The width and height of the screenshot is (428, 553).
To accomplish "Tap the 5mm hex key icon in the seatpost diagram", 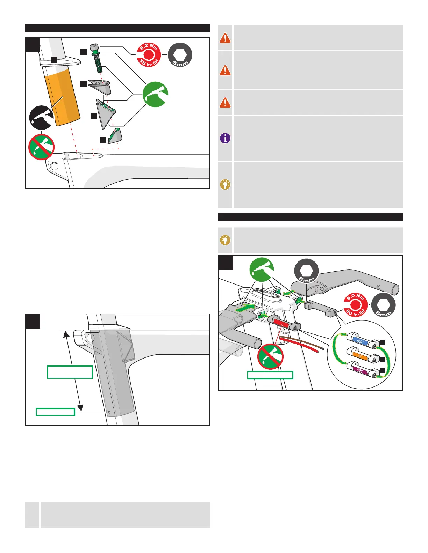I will click(x=180, y=55).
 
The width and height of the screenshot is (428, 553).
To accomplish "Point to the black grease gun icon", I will click(x=42, y=118).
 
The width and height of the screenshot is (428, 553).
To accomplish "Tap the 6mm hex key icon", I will click(x=383, y=305).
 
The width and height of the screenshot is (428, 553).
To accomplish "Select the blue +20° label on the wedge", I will click(x=360, y=341).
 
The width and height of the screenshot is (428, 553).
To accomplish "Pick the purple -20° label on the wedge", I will click(x=360, y=371).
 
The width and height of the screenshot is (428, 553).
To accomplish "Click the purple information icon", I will click(x=225, y=138).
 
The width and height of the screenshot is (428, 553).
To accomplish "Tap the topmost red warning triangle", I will click(x=225, y=38).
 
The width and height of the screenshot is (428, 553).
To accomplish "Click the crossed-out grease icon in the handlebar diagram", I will click(x=270, y=356).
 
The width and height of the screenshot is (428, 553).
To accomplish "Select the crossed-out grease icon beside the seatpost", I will click(x=42, y=147).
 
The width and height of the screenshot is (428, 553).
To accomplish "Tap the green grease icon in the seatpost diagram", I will click(x=155, y=94).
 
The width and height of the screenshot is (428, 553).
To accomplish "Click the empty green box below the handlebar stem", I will click(x=270, y=375).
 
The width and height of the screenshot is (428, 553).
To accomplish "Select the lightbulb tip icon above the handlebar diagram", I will click(x=225, y=240).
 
